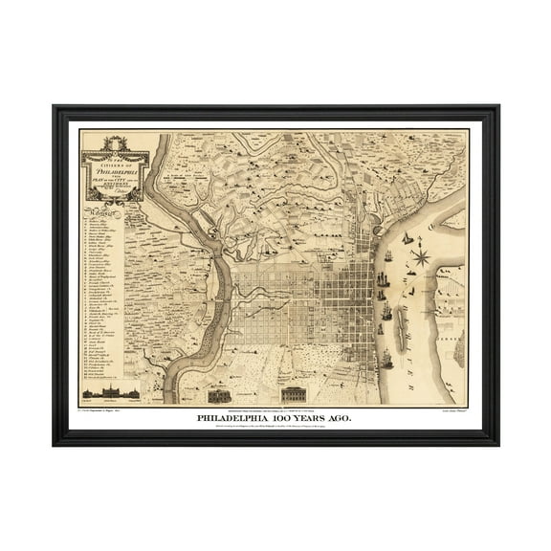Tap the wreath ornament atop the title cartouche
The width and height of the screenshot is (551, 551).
tap(113, 136)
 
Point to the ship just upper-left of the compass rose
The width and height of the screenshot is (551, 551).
tap(405, 238)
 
